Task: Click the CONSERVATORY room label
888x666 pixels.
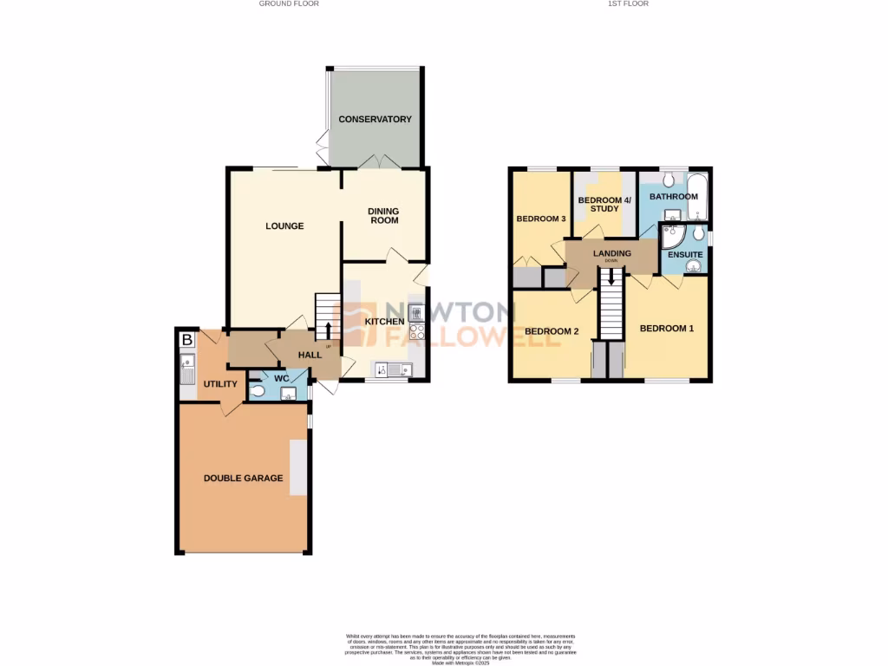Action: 375,119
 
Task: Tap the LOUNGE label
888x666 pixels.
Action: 284,226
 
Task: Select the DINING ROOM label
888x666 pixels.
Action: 384,215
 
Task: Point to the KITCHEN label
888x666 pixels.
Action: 383,322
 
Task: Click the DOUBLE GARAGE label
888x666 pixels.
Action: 243,478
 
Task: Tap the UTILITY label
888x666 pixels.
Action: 220,383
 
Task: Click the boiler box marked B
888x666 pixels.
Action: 186,340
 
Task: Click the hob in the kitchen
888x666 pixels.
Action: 416,330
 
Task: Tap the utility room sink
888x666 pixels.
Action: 187,374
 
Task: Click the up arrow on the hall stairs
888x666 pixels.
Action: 329,330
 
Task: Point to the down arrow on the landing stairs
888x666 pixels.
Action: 611,278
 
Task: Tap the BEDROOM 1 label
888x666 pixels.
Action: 667,328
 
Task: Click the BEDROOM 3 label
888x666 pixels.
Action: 541,219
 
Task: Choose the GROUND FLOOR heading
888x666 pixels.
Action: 290,3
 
